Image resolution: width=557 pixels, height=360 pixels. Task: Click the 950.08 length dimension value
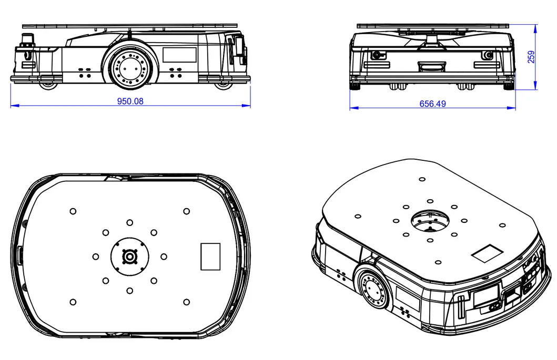point(130,101)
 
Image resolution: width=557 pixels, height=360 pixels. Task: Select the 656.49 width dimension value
point(432,104)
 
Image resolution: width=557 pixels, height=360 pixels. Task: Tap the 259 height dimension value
point(531,57)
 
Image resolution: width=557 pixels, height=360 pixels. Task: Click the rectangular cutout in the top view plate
point(210,256)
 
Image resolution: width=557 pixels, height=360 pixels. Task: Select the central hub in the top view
point(130,256)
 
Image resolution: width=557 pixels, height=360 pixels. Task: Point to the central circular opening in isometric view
point(430,221)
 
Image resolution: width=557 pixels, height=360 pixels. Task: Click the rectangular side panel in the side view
point(179,55)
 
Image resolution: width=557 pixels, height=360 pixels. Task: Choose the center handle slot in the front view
point(432,66)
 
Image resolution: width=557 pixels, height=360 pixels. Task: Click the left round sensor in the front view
point(376,55)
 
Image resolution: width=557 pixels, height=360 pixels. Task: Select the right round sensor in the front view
point(488,55)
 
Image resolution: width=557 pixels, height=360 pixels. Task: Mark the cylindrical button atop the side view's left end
point(27,39)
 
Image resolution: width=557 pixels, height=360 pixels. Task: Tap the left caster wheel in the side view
point(48,85)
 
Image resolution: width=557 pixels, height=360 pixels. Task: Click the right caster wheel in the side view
point(222,85)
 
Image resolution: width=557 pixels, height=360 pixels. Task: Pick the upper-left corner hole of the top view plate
point(73,211)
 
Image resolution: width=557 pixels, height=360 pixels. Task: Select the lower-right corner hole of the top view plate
point(186,302)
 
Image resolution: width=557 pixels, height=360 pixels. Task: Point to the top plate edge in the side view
point(130,26)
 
